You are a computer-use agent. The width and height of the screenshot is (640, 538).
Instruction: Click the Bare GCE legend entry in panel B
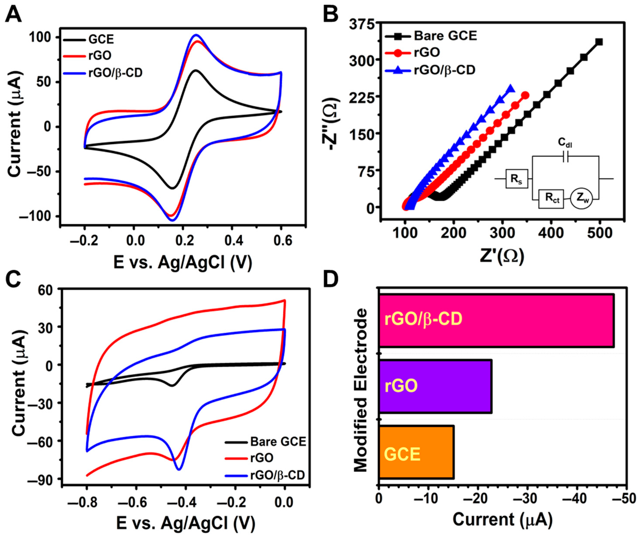[x=445, y=36]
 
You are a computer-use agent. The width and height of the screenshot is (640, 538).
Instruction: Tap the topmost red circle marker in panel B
[x=525, y=95]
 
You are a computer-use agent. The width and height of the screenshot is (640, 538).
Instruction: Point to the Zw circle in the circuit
[x=581, y=199]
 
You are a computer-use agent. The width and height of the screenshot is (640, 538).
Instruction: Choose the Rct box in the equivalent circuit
[x=551, y=199]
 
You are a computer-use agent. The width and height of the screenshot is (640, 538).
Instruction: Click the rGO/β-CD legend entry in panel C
[x=277, y=475]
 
